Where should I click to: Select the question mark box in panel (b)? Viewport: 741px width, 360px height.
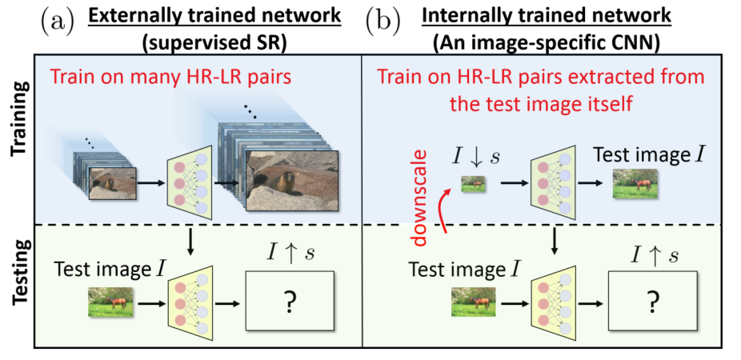[655, 304]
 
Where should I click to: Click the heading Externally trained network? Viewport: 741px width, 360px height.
[202, 15]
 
